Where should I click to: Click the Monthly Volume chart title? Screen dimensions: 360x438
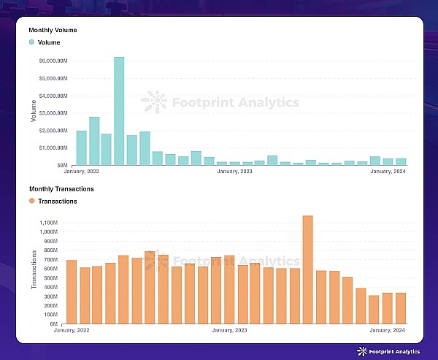[x=53, y=30]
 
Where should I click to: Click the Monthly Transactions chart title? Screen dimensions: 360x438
[x=61, y=189]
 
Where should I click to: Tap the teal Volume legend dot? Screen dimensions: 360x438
[x=31, y=42]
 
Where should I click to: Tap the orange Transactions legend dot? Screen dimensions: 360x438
[x=31, y=201]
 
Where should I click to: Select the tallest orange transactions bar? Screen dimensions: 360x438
[x=307, y=269]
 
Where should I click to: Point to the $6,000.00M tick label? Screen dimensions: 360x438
[x=55, y=60]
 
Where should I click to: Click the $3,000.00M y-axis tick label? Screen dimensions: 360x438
[x=55, y=112]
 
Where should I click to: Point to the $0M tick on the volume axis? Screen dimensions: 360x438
[x=63, y=165]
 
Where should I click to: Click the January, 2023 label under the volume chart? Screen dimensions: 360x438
[x=235, y=172]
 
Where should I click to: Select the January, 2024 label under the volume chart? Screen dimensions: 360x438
[x=388, y=172]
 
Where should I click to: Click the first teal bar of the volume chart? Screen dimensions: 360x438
[x=82, y=148]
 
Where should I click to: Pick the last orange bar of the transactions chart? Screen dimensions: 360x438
[x=400, y=307]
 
